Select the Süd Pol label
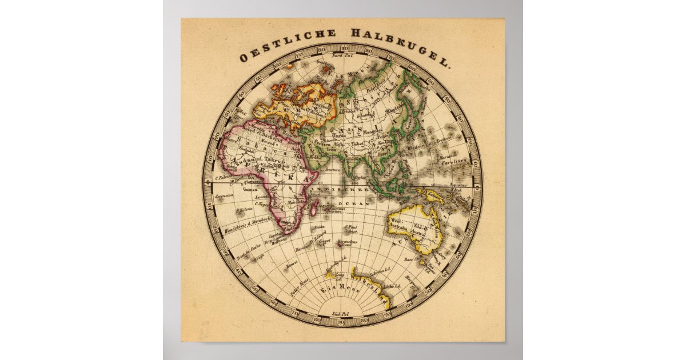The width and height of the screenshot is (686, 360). (341, 314)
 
